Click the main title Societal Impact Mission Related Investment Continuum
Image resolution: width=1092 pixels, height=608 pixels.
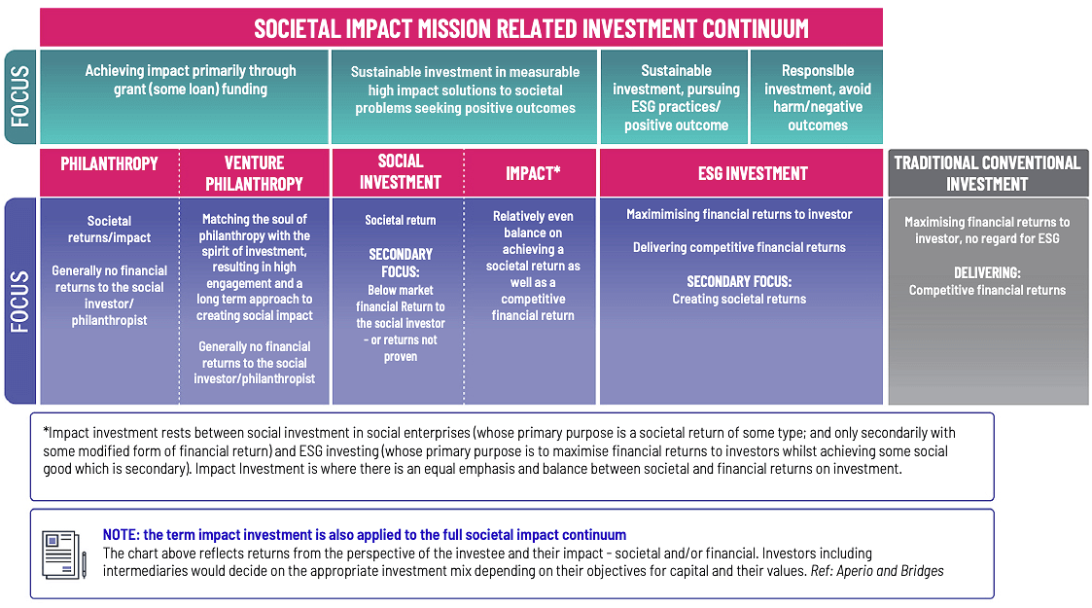(x=531, y=27)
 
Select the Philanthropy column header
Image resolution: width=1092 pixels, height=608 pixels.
(x=109, y=163)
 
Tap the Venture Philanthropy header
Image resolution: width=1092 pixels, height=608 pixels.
(x=254, y=173)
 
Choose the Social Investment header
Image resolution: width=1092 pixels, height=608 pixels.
(x=400, y=171)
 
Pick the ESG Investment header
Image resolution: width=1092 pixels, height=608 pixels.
(x=753, y=173)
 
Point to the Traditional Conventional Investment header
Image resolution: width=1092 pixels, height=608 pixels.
(x=987, y=173)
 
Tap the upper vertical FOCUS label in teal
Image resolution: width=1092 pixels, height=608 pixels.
(x=19, y=97)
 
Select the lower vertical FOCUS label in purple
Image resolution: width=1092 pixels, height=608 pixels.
(x=19, y=301)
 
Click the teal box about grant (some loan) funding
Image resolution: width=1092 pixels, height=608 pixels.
(x=191, y=80)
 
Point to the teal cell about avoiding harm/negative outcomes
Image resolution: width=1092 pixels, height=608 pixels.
(x=817, y=97)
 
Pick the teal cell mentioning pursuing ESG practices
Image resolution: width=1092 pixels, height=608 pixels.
(x=676, y=97)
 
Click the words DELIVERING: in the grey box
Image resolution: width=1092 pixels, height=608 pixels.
(x=987, y=272)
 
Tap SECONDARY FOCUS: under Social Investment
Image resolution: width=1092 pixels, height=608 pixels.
(x=401, y=263)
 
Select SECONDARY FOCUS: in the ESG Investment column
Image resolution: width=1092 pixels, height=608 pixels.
(x=739, y=281)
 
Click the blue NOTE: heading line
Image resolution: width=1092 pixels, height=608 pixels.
(x=365, y=535)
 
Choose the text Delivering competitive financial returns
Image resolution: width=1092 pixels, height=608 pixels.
(x=739, y=247)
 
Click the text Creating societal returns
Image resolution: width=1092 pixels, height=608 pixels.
(x=739, y=299)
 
